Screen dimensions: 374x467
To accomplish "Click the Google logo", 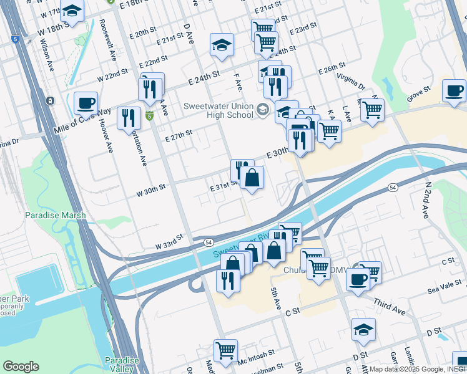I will (x=20, y=367).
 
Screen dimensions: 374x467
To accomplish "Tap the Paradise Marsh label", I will (x=54, y=215).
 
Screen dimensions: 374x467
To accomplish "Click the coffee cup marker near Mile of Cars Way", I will (x=86, y=102).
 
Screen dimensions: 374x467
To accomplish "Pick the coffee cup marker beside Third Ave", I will (x=358, y=279).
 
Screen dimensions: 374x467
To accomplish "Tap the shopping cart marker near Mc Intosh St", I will (x=225, y=350).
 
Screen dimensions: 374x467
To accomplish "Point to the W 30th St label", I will (x=150, y=188).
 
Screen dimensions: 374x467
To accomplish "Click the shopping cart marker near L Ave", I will (x=372, y=110).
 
